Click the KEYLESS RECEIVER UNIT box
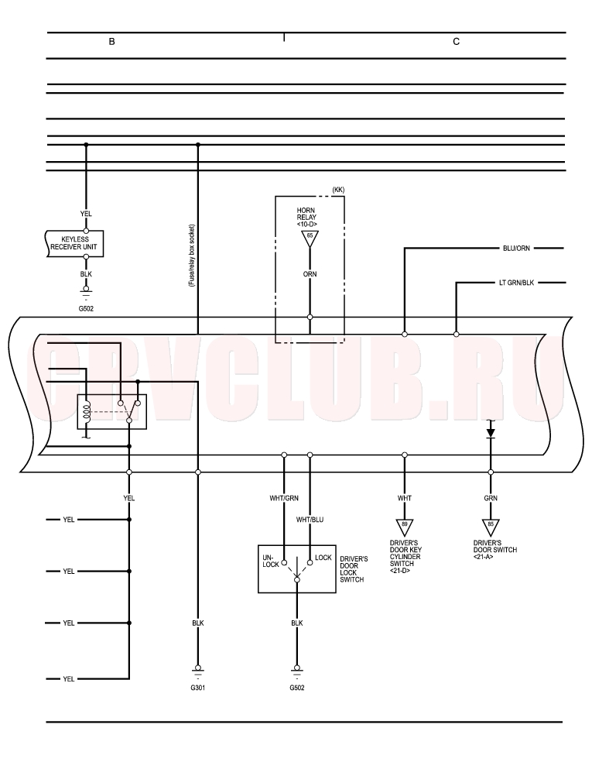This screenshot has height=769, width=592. (75, 244)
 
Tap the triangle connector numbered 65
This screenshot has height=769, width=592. (310, 239)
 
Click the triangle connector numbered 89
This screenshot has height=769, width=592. (404, 527)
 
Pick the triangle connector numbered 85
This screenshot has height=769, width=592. (491, 527)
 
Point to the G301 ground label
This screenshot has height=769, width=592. (198, 688)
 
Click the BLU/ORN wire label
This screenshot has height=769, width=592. (516, 248)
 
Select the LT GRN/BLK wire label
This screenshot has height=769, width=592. (516, 283)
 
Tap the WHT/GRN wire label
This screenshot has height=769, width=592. (284, 498)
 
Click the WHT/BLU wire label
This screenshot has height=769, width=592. (310, 520)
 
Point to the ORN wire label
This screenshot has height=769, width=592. (310, 274)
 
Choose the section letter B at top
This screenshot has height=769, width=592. (111, 42)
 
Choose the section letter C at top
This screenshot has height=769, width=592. (457, 42)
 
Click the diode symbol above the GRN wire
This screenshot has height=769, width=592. (491, 433)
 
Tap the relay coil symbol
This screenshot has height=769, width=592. (87, 411)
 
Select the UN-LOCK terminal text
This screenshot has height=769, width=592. (271, 561)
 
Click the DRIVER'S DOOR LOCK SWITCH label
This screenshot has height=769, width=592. (354, 569)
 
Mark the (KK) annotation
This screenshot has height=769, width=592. (338, 190)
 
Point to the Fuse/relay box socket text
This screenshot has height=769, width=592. (192, 256)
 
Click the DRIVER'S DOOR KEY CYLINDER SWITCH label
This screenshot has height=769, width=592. (406, 557)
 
